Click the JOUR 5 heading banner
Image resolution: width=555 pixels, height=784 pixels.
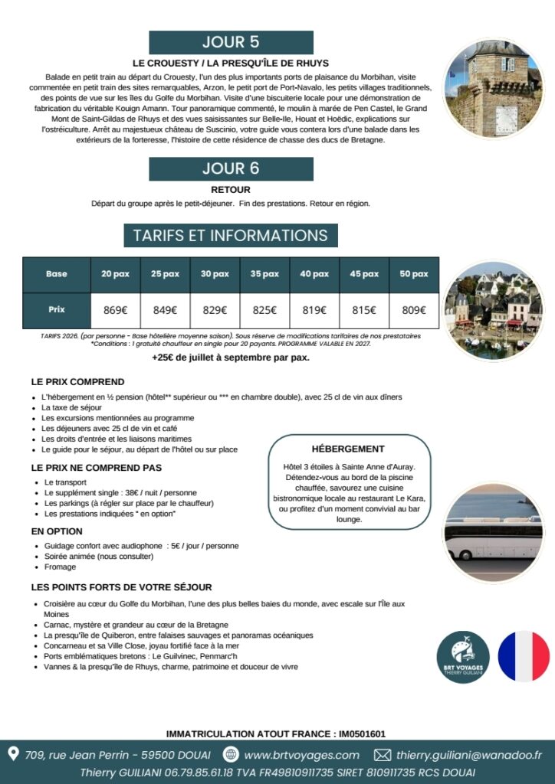231,42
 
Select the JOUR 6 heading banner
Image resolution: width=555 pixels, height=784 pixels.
231,169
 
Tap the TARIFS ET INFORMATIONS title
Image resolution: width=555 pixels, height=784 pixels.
230,236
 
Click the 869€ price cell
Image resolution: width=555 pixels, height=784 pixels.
115,310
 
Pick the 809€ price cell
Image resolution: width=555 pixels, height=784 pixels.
414,310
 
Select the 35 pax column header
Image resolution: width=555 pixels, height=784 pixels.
264,274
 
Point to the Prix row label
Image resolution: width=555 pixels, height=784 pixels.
57,310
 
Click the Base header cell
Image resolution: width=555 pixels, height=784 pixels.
57,274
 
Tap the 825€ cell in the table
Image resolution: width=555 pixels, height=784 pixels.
264,310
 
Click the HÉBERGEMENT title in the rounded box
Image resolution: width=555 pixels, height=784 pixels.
348,449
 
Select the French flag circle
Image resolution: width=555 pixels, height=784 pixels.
524,657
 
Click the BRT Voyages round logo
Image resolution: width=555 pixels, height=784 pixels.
463,657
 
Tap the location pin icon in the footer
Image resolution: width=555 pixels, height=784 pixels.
13,754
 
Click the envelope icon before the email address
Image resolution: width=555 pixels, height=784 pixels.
383,755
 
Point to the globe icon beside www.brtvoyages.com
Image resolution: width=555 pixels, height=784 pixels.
231,755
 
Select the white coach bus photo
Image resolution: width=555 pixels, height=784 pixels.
493,532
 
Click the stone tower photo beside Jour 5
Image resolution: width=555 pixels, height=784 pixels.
493,88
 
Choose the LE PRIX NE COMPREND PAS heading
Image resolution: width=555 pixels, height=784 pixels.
97,467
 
